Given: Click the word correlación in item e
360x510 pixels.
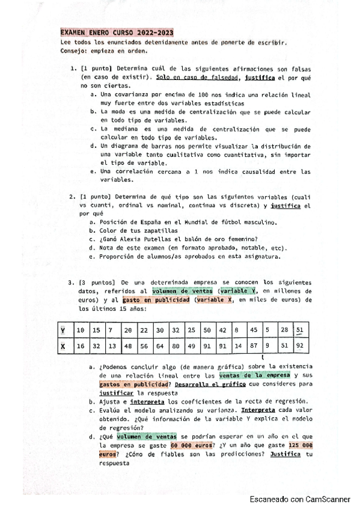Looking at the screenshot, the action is point(137,171).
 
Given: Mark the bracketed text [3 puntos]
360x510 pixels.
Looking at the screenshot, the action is point(98,282).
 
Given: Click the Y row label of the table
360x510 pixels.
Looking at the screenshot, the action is point(64,331).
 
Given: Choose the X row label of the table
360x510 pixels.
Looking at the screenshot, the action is point(64,346).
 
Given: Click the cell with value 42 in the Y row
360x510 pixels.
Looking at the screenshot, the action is point(222,331).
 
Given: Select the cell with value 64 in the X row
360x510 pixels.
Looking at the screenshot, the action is point(159,346).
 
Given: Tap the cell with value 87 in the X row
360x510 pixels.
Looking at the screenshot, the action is point(254,346).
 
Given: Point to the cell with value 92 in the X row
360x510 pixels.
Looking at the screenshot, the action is point(300,346).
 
